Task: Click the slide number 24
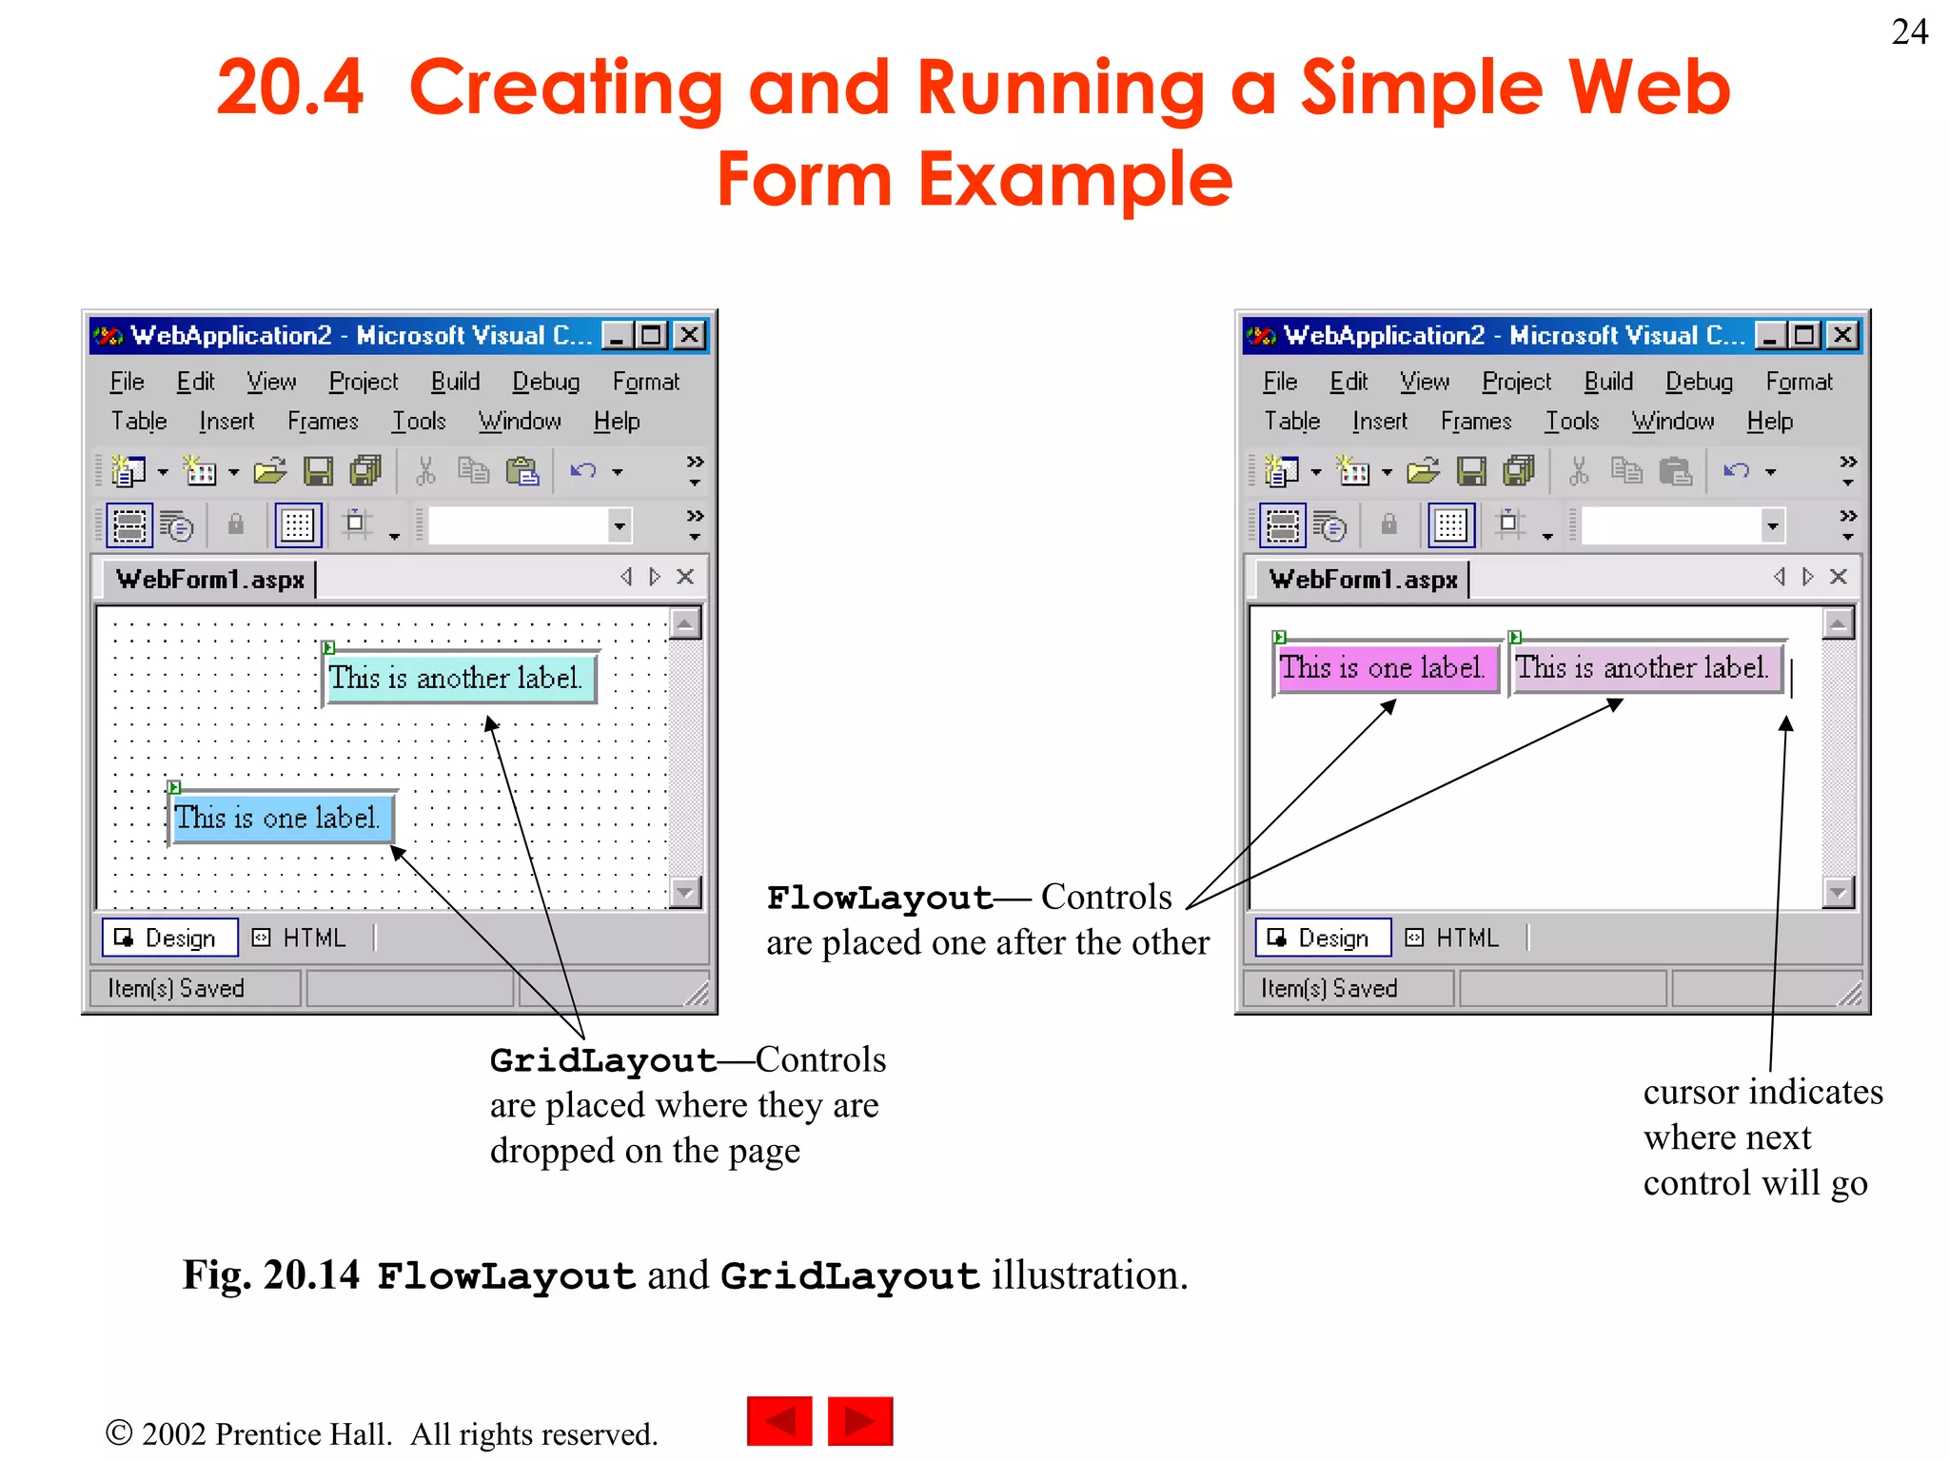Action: pos(1909,32)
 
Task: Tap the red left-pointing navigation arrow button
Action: pos(779,1421)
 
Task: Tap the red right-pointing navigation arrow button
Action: pos(859,1421)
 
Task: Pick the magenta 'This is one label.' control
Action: pos(1385,667)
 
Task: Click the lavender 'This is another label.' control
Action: pos(1644,667)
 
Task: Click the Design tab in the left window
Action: pos(169,938)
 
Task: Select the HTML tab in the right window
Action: pos(1456,938)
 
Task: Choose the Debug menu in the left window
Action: pos(545,382)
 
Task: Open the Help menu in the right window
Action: pos(1769,421)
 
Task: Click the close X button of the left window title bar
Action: pos(689,335)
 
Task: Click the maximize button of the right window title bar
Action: pos(1803,335)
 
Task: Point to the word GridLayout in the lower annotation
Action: pos(602,1060)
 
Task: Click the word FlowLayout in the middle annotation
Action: pos(879,898)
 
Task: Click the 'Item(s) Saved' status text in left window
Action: pos(176,989)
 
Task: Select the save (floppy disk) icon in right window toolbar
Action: pos(1470,471)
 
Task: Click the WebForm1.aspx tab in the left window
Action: pos(210,579)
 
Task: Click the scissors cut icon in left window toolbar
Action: pos(425,471)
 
